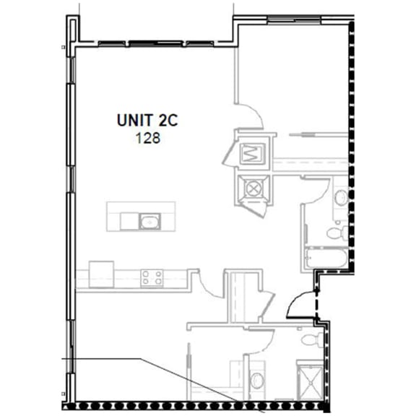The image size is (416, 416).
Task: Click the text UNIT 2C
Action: (147, 121)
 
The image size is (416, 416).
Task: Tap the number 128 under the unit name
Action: (147, 137)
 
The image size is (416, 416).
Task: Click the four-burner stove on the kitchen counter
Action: (152, 277)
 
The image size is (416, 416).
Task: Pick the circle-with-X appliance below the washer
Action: (253, 189)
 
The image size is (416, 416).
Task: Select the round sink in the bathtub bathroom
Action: (340, 196)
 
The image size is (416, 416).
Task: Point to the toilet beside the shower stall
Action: (311, 339)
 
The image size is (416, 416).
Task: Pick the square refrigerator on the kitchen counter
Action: (101, 271)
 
